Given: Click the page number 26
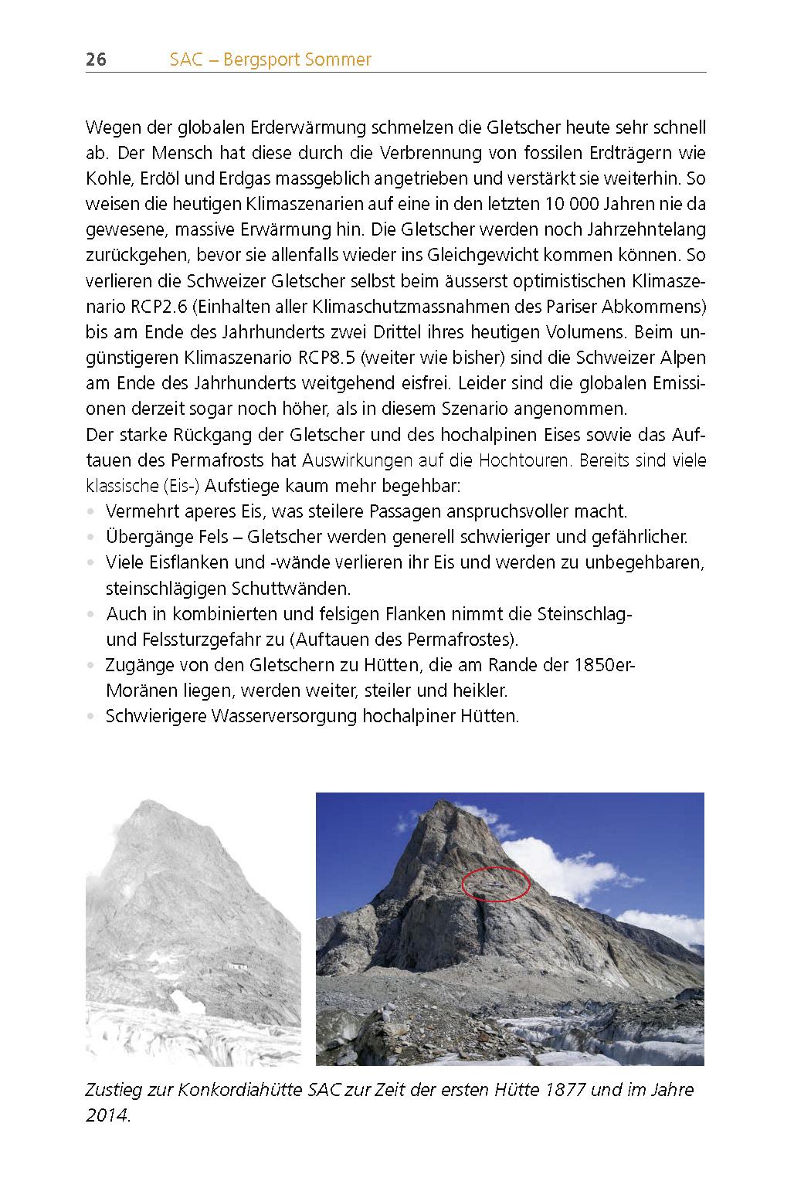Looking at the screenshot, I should tap(96, 59).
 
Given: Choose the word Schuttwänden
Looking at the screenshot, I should tap(291, 589).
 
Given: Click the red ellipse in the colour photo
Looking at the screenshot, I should tap(496, 884).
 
